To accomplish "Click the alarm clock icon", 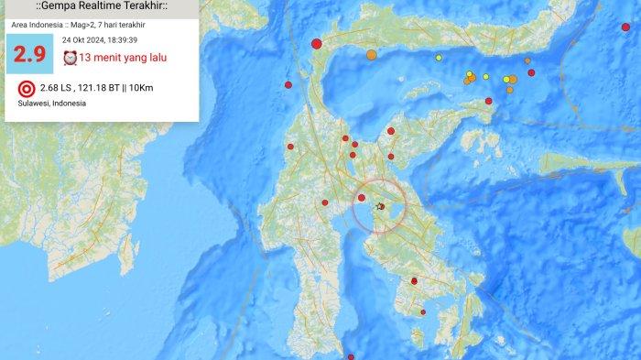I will pyautogui.click(x=70, y=58).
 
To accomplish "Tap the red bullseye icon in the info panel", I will pyautogui.click(x=26, y=89).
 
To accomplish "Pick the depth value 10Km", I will pyautogui.click(x=167, y=89).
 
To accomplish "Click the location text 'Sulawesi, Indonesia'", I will pyautogui.click(x=52, y=104).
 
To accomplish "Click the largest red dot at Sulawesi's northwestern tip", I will pyautogui.click(x=317, y=43).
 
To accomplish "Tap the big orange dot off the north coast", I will pyautogui.click(x=371, y=55).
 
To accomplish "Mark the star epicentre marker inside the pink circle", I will pyautogui.click(x=380, y=206).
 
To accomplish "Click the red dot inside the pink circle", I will pyautogui.click(x=362, y=198).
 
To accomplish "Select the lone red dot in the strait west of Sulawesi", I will pyautogui.click(x=288, y=85).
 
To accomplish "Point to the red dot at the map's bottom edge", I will pyautogui.click(x=351, y=357).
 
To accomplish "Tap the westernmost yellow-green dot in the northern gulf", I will pyautogui.click(x=439, y=59).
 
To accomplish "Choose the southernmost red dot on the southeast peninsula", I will pyautogui.click(x=424, y=312).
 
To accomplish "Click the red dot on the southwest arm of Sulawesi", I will pyautogui.click(x=325, y=203).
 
